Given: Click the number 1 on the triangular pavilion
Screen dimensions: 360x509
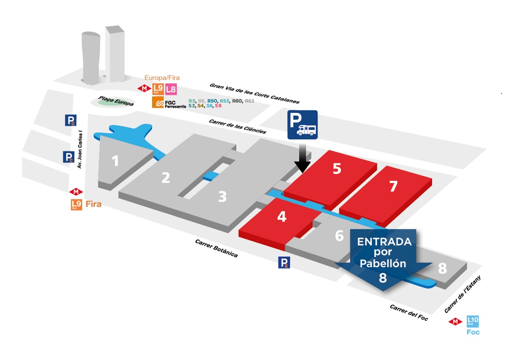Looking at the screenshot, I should [x=115, y=161].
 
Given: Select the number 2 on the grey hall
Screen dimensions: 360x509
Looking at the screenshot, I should [x=166, y=177].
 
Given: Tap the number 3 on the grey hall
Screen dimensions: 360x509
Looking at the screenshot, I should [x=222, y=197].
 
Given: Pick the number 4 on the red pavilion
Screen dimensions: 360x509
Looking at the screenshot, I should [x=282, y=216].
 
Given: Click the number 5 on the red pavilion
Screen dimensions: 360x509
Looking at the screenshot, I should [x=337, y=169].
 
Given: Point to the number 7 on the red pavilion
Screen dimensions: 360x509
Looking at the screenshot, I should [x=393, y=186].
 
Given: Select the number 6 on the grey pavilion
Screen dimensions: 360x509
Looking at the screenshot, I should [x=339, y=235].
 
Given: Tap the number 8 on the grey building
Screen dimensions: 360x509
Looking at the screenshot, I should [x=442, y=269].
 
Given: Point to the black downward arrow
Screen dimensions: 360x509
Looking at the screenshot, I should [x=301, y=159].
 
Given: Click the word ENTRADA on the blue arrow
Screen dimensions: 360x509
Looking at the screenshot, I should [x=384, y=242].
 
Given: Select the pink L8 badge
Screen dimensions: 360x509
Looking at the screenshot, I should [x=170, y=89].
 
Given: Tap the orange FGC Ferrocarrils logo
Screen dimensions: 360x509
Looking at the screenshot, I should [x=158, y=103].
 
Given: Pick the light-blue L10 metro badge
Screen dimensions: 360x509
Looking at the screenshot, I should [x=473, y=321].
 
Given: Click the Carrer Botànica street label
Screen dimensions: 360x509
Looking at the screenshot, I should [x=217, y=248].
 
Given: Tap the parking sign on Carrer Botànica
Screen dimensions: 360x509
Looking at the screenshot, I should [x=284, y=263].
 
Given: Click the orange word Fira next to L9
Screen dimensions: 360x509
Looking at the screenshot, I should [x=93, y=204].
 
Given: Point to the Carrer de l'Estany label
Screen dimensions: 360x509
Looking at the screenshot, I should [x=464, y=296].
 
